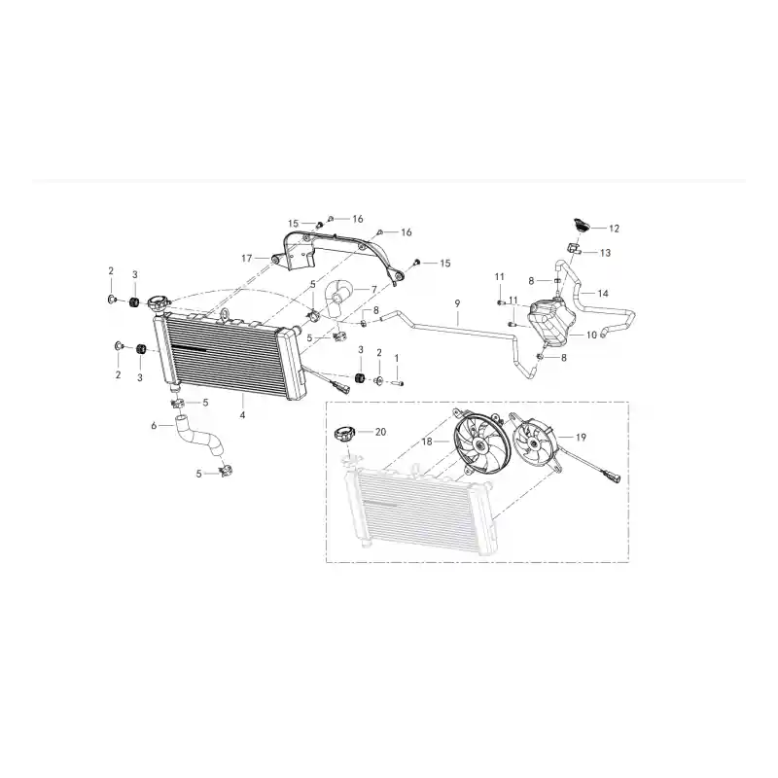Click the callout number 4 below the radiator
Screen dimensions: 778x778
click(242, 415)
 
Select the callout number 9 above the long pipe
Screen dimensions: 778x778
click(457, 303)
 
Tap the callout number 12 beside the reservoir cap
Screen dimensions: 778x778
click(614, 229)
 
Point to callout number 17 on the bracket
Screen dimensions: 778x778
click(247, 258)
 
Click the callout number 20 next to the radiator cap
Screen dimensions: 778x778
click(380, 432)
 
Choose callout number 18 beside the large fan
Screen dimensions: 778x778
click(427, 442)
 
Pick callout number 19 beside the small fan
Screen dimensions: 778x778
click(581, 437)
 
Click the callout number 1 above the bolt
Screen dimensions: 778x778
click(396, 358)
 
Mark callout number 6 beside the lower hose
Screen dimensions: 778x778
click(154, 425)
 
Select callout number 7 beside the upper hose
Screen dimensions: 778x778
click(374, 289)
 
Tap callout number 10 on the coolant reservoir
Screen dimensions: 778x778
click(591, 335)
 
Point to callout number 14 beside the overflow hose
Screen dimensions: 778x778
click(603, 294)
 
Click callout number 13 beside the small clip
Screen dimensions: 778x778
click(605, 253)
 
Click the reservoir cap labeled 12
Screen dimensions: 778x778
click(581, 225)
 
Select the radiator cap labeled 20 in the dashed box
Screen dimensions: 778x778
click(343, 435)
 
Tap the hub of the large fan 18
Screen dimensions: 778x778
click(480, 445)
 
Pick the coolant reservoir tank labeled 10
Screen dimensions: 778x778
click(549, 321)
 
